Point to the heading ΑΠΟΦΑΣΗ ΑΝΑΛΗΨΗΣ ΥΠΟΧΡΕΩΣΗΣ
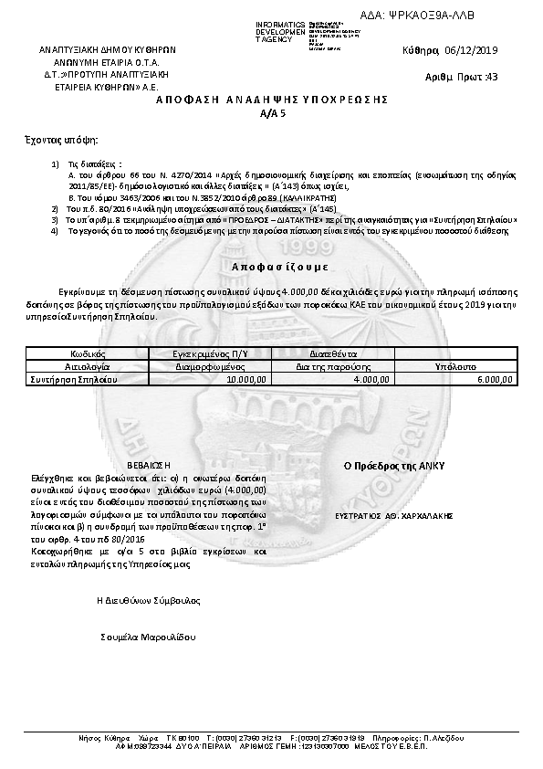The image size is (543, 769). (x=272, y=99)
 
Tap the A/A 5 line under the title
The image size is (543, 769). (x=272, y=113)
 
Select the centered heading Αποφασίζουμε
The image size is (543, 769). (x=271, y=267)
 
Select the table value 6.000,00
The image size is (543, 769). (x=495, y=377)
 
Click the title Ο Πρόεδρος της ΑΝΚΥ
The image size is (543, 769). (x=393, y=465)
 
